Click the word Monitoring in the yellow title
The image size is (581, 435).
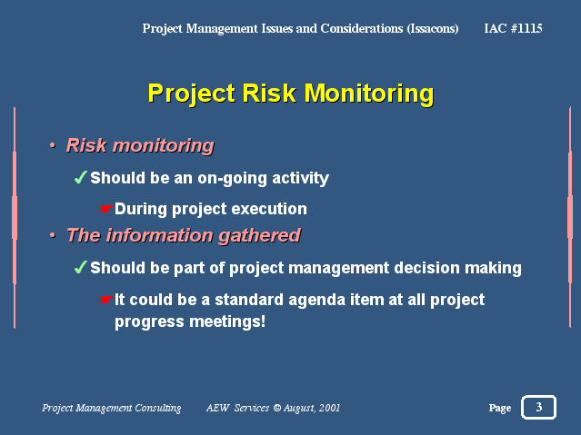point(368,94)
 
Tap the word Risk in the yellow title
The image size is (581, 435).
point(269,93)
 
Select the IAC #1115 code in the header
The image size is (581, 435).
point(513,28)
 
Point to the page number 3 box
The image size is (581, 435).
point(539,407)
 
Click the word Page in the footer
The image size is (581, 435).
point(500,408)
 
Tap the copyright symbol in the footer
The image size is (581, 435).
point(277,408)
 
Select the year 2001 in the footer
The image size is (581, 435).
point(329,408)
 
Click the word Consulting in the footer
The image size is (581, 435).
point(158,408)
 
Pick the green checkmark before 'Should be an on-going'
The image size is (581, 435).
point(80,177)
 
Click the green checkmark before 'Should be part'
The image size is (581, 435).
point(80,267)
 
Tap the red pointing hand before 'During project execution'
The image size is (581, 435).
point(105,209)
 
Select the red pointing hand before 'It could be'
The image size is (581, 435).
point(105,300)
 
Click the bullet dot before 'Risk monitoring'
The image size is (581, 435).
point(53,145)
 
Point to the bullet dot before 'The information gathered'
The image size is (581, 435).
point(53,235)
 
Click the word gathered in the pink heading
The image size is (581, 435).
point(259,236)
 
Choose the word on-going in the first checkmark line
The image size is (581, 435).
point(232,178)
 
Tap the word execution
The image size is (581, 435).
point(269,209)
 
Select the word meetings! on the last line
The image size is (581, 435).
point(227,321)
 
